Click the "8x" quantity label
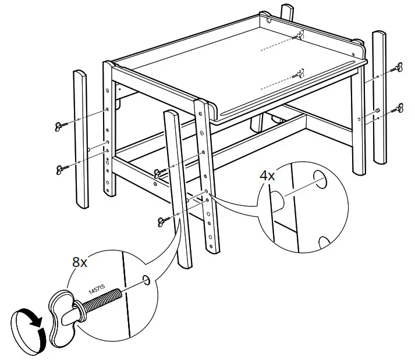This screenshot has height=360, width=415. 80,262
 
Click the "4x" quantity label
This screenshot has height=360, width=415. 267,174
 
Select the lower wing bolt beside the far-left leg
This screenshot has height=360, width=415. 62,169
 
